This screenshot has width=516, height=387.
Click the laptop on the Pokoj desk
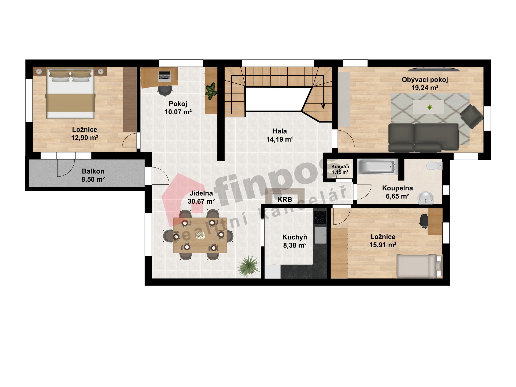point(164,76)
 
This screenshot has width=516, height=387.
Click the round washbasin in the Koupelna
point(426,198)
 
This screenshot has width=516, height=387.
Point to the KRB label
point(285,199)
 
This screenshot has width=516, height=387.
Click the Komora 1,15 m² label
point(340,169)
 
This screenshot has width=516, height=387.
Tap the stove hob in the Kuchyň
point(320,217)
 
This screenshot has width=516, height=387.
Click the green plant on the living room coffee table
point(429,107)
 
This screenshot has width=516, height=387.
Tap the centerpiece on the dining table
point(200,235)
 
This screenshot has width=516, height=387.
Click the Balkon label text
point(93,171)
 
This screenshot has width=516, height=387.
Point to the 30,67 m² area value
point(201,201)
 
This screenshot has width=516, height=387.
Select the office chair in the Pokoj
point(165,90)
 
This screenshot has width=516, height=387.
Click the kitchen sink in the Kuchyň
point(320,235)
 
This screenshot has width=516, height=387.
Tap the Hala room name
point(280,131)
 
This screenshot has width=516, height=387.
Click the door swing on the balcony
point(66,168)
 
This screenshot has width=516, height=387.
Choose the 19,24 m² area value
point(425,88)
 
